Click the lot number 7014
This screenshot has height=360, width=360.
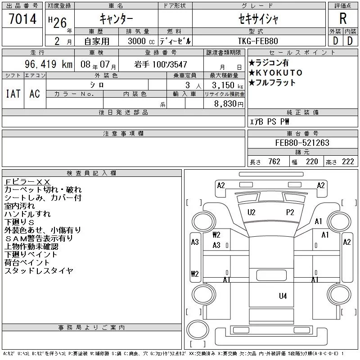22,19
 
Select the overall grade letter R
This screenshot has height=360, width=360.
343,18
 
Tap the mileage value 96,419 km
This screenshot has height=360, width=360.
49,64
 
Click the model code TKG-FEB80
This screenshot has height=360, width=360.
258,41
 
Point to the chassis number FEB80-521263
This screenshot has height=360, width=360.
302,143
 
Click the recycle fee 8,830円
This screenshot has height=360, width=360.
229,104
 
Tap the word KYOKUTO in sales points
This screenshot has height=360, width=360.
279,73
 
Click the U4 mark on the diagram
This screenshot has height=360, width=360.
283,296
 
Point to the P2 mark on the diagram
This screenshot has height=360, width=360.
290,212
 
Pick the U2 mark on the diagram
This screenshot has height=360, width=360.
252,212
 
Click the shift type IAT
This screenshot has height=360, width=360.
13,94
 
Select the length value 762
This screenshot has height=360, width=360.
274,162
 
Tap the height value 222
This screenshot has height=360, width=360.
348,162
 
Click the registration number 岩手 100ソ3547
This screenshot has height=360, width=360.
161,64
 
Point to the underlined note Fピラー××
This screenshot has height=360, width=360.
27,182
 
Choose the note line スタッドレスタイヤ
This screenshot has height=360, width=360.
39,271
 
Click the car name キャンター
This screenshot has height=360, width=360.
116,19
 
